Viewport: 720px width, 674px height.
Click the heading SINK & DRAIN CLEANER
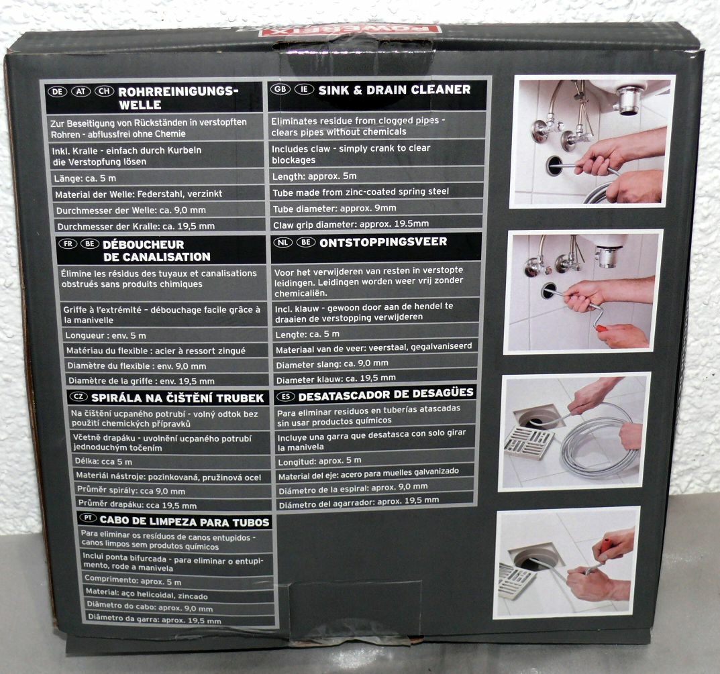click(395, 90)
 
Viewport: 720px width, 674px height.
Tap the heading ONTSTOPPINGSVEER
click(383, 242)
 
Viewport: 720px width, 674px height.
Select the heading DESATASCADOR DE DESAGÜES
click(386, 394)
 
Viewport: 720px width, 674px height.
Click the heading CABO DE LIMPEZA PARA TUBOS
click(185, 522)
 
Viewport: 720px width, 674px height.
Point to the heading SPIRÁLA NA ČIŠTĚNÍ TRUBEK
click(177, 398)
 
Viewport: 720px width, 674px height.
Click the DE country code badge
click(58, 91)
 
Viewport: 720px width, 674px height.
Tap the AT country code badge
click(81, 91)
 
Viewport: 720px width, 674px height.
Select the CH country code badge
click(104, 91)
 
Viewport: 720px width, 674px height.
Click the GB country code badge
click(280, 89)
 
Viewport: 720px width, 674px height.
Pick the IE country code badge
click(304, 89)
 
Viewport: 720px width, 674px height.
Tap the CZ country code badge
click(79, 396)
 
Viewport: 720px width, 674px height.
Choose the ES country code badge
click(286, 396)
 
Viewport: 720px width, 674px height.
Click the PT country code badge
click(88, 518)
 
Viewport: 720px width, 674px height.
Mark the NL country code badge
click(283, 242)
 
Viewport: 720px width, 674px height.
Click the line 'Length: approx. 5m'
click(315, 176)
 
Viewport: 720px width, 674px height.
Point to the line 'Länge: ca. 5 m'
click(85, 178)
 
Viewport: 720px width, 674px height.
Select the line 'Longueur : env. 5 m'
click(105, 335)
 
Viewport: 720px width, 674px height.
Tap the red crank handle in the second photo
click(601, 328)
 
